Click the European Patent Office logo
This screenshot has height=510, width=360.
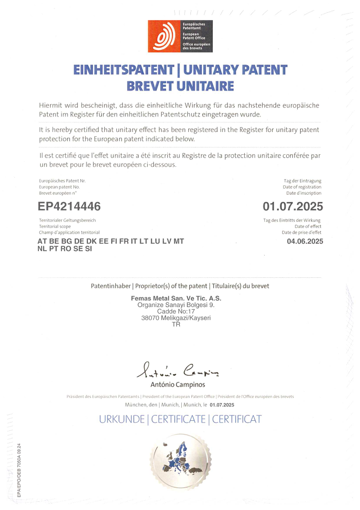click(x=180, y=36)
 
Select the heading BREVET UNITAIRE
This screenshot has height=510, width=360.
click(x=180, y=86)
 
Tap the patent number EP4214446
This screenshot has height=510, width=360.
click(x=69, y=206)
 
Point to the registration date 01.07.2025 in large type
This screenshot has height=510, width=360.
click(x=293, y=206)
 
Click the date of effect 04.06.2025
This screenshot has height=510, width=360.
click(x=305, y=241)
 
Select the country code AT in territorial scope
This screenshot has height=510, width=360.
click(x=42, y=241)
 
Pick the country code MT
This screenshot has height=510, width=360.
click(x=179, y=241)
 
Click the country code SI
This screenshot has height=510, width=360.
click(x=88, y=249)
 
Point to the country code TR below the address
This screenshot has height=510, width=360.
click(x=176, y=325)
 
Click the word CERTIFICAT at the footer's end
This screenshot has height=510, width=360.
click(x=237, y=419)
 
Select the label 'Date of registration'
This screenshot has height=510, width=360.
click(x=302, y=187)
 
